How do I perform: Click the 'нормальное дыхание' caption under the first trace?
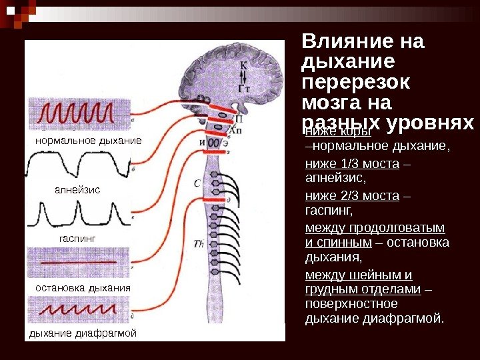(88, 141)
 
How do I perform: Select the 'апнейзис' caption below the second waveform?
(77, 190)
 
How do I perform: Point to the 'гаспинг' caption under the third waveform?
(78, 237)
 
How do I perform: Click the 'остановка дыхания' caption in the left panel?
(83, 287)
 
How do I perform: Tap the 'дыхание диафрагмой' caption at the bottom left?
(83, 333)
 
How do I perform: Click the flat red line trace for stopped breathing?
(80, 263)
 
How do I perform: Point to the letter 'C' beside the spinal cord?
(197, 183)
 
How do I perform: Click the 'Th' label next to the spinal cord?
(198, 244)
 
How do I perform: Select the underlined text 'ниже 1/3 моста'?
(352, 164)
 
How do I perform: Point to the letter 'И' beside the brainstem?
(202, 142)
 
